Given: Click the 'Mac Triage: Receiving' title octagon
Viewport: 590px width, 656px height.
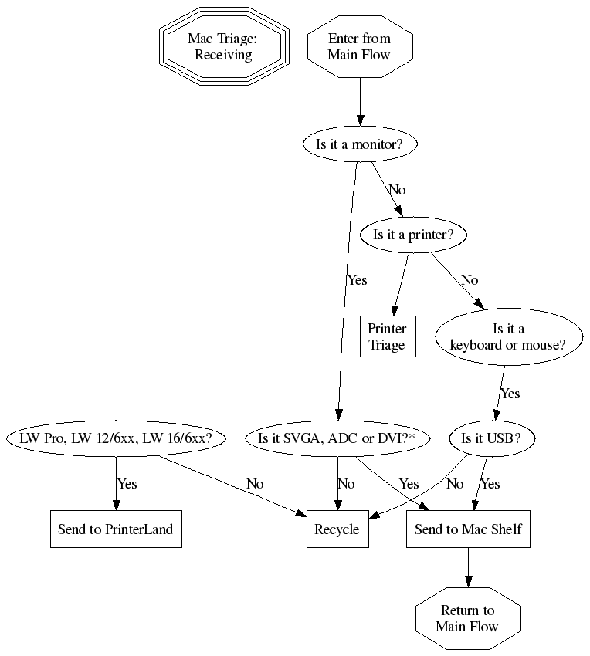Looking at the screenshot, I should click(224, 46).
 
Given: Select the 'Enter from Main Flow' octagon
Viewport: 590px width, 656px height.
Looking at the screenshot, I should click(360, 46).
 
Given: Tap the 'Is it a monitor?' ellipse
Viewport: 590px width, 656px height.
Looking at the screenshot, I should click(360, 144).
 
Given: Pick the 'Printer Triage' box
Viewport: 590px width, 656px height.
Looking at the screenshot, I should click(387, 336).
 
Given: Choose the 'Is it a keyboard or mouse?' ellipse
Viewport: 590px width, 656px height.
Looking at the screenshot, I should click(508, 336).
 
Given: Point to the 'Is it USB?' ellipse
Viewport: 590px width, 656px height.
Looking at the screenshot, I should click(490, 438).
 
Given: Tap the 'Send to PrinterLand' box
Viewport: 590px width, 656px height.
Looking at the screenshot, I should click(116, 529).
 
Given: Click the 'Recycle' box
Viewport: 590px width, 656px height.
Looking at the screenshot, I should click(337, 529).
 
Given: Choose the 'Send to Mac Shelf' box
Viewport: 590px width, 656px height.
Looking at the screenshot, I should click(468, 529).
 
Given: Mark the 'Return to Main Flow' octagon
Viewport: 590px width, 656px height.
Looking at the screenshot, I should click(468, 619).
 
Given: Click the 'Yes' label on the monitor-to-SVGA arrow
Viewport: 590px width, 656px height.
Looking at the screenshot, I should click(357, 280).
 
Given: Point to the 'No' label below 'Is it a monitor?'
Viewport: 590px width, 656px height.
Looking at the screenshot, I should click(397, 190).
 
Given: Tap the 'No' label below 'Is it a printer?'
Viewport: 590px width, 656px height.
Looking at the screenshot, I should click(470, 280).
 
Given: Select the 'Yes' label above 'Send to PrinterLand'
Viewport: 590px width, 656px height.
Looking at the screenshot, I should click(127, 484).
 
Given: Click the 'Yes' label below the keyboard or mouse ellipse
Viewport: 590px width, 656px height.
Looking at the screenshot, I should click(510, 394).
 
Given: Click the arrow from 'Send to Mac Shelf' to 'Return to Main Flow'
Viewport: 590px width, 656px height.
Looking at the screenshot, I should click(468, 567).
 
